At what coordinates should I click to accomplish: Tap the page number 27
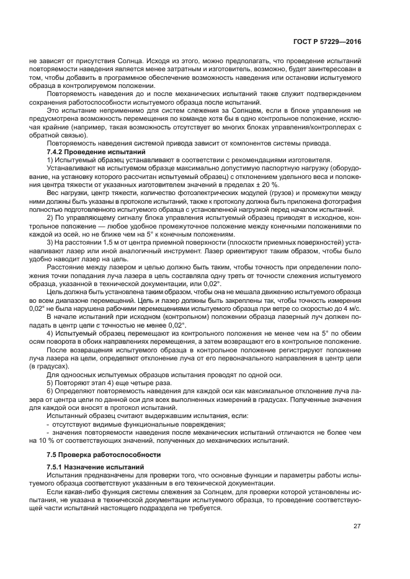point(357,526)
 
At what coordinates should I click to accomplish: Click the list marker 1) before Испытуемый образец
point(50,160)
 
